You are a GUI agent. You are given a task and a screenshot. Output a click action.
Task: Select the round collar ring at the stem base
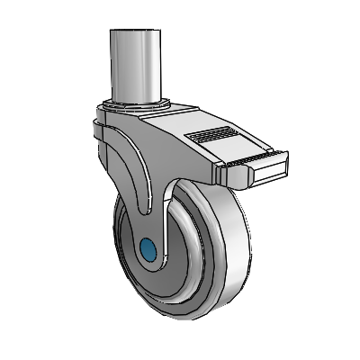pyautogui.click(x=137, y=107)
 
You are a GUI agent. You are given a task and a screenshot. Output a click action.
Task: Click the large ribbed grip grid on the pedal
pyautogui.click(x=212, y=136)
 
